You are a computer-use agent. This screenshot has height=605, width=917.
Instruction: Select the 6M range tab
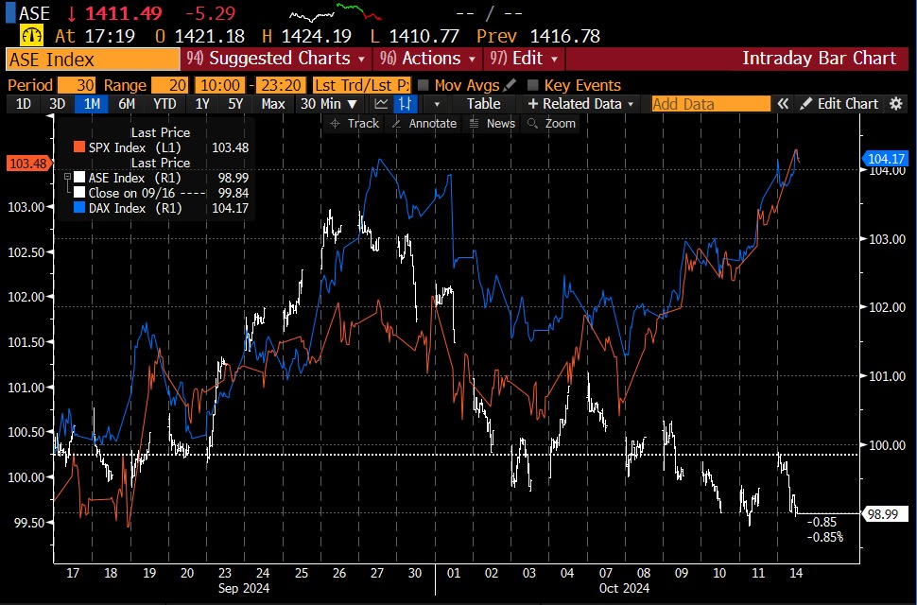point(126,104)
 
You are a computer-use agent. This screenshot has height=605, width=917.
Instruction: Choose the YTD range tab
point(164,104)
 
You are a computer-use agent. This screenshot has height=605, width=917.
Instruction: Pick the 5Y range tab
point(235,104)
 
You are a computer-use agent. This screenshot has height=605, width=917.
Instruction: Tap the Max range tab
point(273,104)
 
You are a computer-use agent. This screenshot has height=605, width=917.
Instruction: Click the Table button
point(483,104)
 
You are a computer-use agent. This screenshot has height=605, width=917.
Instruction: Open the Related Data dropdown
point(581,104)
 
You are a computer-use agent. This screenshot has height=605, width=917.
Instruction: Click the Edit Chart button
point(839,104)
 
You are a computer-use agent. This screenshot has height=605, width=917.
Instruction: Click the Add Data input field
point(709,104)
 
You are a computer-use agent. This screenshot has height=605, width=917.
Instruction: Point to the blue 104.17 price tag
point(886,159)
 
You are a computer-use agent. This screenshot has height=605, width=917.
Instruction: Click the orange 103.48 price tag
point(28,164)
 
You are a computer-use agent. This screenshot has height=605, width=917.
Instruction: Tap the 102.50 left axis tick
point(29,252)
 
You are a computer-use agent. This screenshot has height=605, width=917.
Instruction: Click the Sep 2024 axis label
point(244,589)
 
